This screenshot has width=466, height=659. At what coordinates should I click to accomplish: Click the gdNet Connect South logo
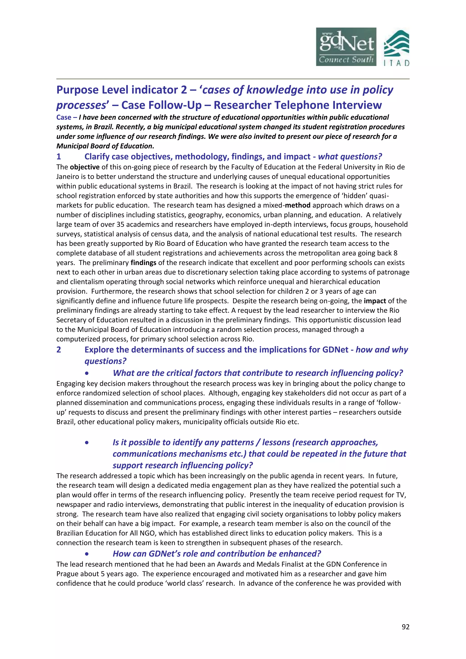(346, 47)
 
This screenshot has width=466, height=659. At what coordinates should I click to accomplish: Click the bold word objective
(85, 167)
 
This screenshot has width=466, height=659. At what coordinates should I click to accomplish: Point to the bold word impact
(375, 301)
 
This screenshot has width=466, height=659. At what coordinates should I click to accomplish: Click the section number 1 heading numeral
(59, 157)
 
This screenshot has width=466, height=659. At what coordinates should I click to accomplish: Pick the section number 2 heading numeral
(59, 350)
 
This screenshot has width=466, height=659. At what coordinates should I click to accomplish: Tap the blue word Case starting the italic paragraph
(64, 117)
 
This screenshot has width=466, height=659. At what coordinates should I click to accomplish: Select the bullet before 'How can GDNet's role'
(87, 554)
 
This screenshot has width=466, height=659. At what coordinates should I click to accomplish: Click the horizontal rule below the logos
(233, 79)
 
